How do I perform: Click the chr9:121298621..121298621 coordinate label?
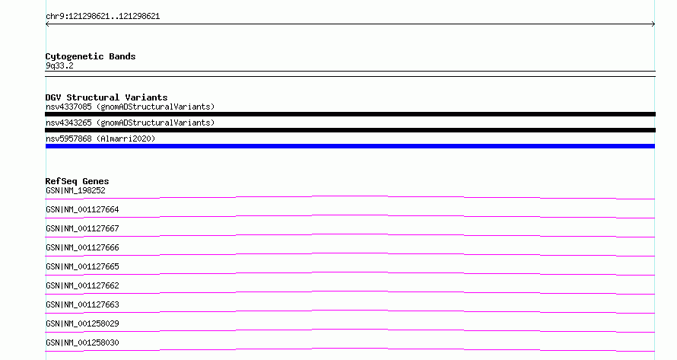tap(103, 17)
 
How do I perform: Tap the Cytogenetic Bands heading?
tap(91, 56)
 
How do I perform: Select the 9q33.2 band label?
tap(59, 65)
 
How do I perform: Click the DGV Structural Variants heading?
tap(106, 97)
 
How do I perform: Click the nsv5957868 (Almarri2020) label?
tap(100, 139)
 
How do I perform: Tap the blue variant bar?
tap(350, 146)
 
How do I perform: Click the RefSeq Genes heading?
tap(77, 181)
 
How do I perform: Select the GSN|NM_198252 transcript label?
tap(75, 190)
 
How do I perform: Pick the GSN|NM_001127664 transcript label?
tap(82, 209)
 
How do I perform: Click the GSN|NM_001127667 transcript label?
tap(82, 228)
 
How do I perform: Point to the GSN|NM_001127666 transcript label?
tap(82, 247)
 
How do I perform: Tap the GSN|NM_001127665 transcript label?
tap(82, 266)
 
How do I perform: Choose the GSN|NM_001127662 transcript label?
tap(82, 285)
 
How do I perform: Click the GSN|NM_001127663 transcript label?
tap(82, 304)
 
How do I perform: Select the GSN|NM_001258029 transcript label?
tap(82, 323)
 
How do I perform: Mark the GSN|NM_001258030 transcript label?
tap(82, 342)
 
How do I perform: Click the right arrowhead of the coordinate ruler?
tap(654, 24)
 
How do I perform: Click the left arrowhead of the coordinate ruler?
tap(46, 24)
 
